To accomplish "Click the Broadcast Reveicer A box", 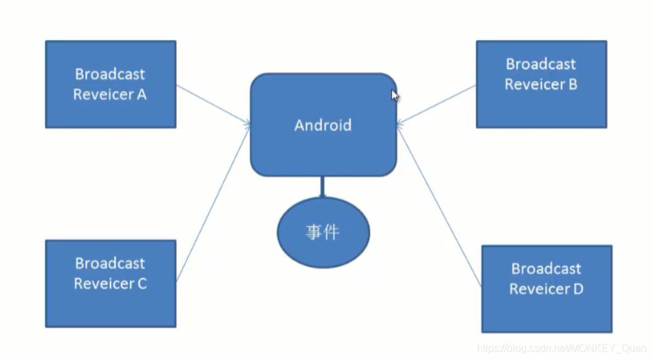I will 110,84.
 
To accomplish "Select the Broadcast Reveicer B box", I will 541,84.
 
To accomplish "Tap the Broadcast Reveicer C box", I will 110,283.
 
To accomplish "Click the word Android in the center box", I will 323,125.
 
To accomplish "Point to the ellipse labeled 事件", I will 323,233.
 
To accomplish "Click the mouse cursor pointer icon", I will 394,95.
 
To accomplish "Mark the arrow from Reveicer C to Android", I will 213,203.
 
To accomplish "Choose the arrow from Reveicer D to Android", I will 439,206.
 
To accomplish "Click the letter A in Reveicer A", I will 141,95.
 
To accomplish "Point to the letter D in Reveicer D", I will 577,289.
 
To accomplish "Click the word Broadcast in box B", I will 541,64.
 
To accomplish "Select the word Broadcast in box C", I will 110,263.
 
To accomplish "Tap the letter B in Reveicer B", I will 571,85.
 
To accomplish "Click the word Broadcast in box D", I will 546,268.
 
